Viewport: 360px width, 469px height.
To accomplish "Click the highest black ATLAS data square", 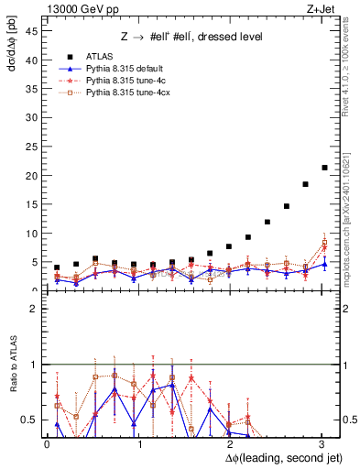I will (324, 168).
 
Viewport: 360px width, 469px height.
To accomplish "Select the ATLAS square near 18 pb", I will (305, 184).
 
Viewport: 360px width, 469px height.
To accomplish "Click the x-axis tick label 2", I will (231, 444).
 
